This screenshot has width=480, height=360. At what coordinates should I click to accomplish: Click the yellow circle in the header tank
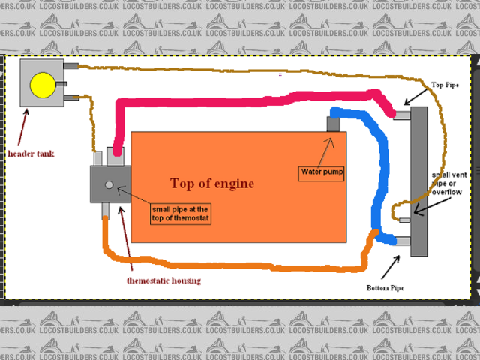[x=42, y=85]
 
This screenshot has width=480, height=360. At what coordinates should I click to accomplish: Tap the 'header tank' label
[x=31, y=154]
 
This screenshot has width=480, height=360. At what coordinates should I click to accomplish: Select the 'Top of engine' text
[x=212, y=184]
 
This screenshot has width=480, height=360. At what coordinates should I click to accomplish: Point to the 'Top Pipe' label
[x=445, y=86]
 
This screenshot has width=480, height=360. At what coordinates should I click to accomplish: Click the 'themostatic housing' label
[x=164, y=280]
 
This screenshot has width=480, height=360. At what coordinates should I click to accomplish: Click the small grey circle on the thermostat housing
[x=109, y=184]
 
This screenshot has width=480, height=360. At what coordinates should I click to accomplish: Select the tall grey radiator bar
[x=418, y=180]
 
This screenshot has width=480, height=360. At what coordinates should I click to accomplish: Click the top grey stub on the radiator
[x=402, y=115]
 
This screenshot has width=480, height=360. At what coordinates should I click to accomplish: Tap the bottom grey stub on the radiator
[x=403, y=241]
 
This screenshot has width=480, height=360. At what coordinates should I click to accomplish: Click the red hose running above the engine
[x=247, y=99]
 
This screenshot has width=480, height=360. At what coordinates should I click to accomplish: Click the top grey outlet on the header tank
[x=72, y=66]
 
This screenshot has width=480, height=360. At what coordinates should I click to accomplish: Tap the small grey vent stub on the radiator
[x=404, y=220]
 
